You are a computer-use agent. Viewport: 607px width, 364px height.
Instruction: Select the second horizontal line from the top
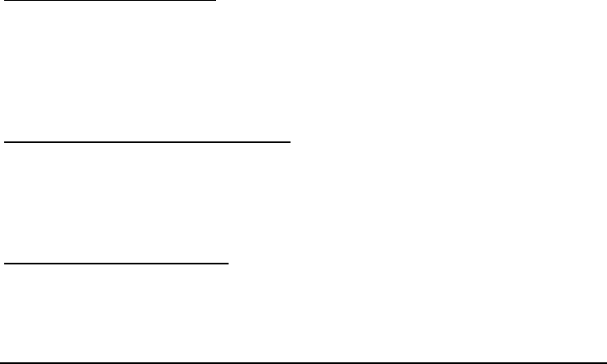(x=147, y=143)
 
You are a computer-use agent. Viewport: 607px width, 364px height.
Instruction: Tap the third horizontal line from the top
(x=116, y=263)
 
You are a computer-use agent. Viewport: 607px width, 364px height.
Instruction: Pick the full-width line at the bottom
(x=303, y=362)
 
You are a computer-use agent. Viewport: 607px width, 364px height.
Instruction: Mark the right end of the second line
(x=290, y=143)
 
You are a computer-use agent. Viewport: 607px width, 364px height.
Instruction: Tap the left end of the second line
(x=4, y=143)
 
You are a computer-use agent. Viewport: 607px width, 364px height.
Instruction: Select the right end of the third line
(x=228, y=263)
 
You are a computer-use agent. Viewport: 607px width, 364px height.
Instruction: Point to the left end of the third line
(x=4, y=263)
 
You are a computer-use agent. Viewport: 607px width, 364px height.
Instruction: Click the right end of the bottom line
(x=605, y=362)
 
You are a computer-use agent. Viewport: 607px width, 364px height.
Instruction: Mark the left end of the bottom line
(x=1, y=362)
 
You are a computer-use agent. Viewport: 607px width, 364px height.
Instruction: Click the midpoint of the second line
(x=147, y=143)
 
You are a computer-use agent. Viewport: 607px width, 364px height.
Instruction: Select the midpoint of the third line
(x=116, y=263)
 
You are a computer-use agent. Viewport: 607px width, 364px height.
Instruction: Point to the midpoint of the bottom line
(x=303, y=362)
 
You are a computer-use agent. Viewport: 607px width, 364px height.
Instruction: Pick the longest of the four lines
(x=303, y=362)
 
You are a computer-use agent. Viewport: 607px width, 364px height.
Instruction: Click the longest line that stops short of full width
(x=147, y=143)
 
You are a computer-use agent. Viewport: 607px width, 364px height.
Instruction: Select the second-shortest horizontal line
(x=116, y=263)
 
